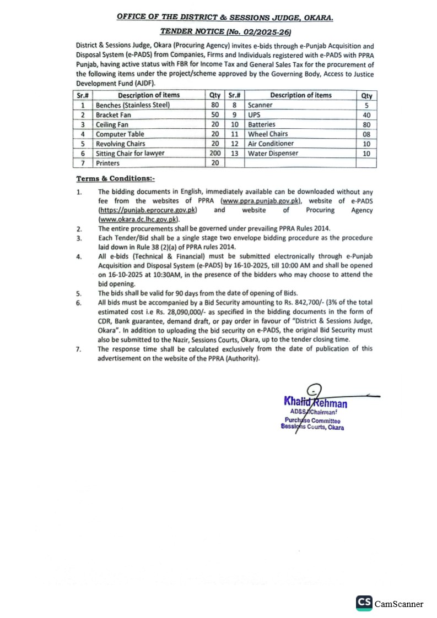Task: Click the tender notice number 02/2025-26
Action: [x=271, y=32]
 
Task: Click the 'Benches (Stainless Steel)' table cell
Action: [x=133, y=105]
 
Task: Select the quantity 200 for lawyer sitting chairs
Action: [x=215, y=154]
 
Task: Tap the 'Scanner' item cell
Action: [x=260, y=105]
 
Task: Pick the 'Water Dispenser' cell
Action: [x=273, y=154]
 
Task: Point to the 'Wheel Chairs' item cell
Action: [x=268, y=134]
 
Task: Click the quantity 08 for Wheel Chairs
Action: [x=366, y=134]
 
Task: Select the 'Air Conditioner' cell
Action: [x=271, y=144]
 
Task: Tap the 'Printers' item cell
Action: [x=107, y=163]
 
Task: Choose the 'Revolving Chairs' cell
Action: [x=121, y=144]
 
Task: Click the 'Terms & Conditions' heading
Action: [x=116, y=178]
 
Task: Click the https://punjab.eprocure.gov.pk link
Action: [x=148, y=210]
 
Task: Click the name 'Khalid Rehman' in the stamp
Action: [x=315, y=404]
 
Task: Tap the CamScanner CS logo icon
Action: [x=364, y=603]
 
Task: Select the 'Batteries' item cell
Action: [x=262, y=124]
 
